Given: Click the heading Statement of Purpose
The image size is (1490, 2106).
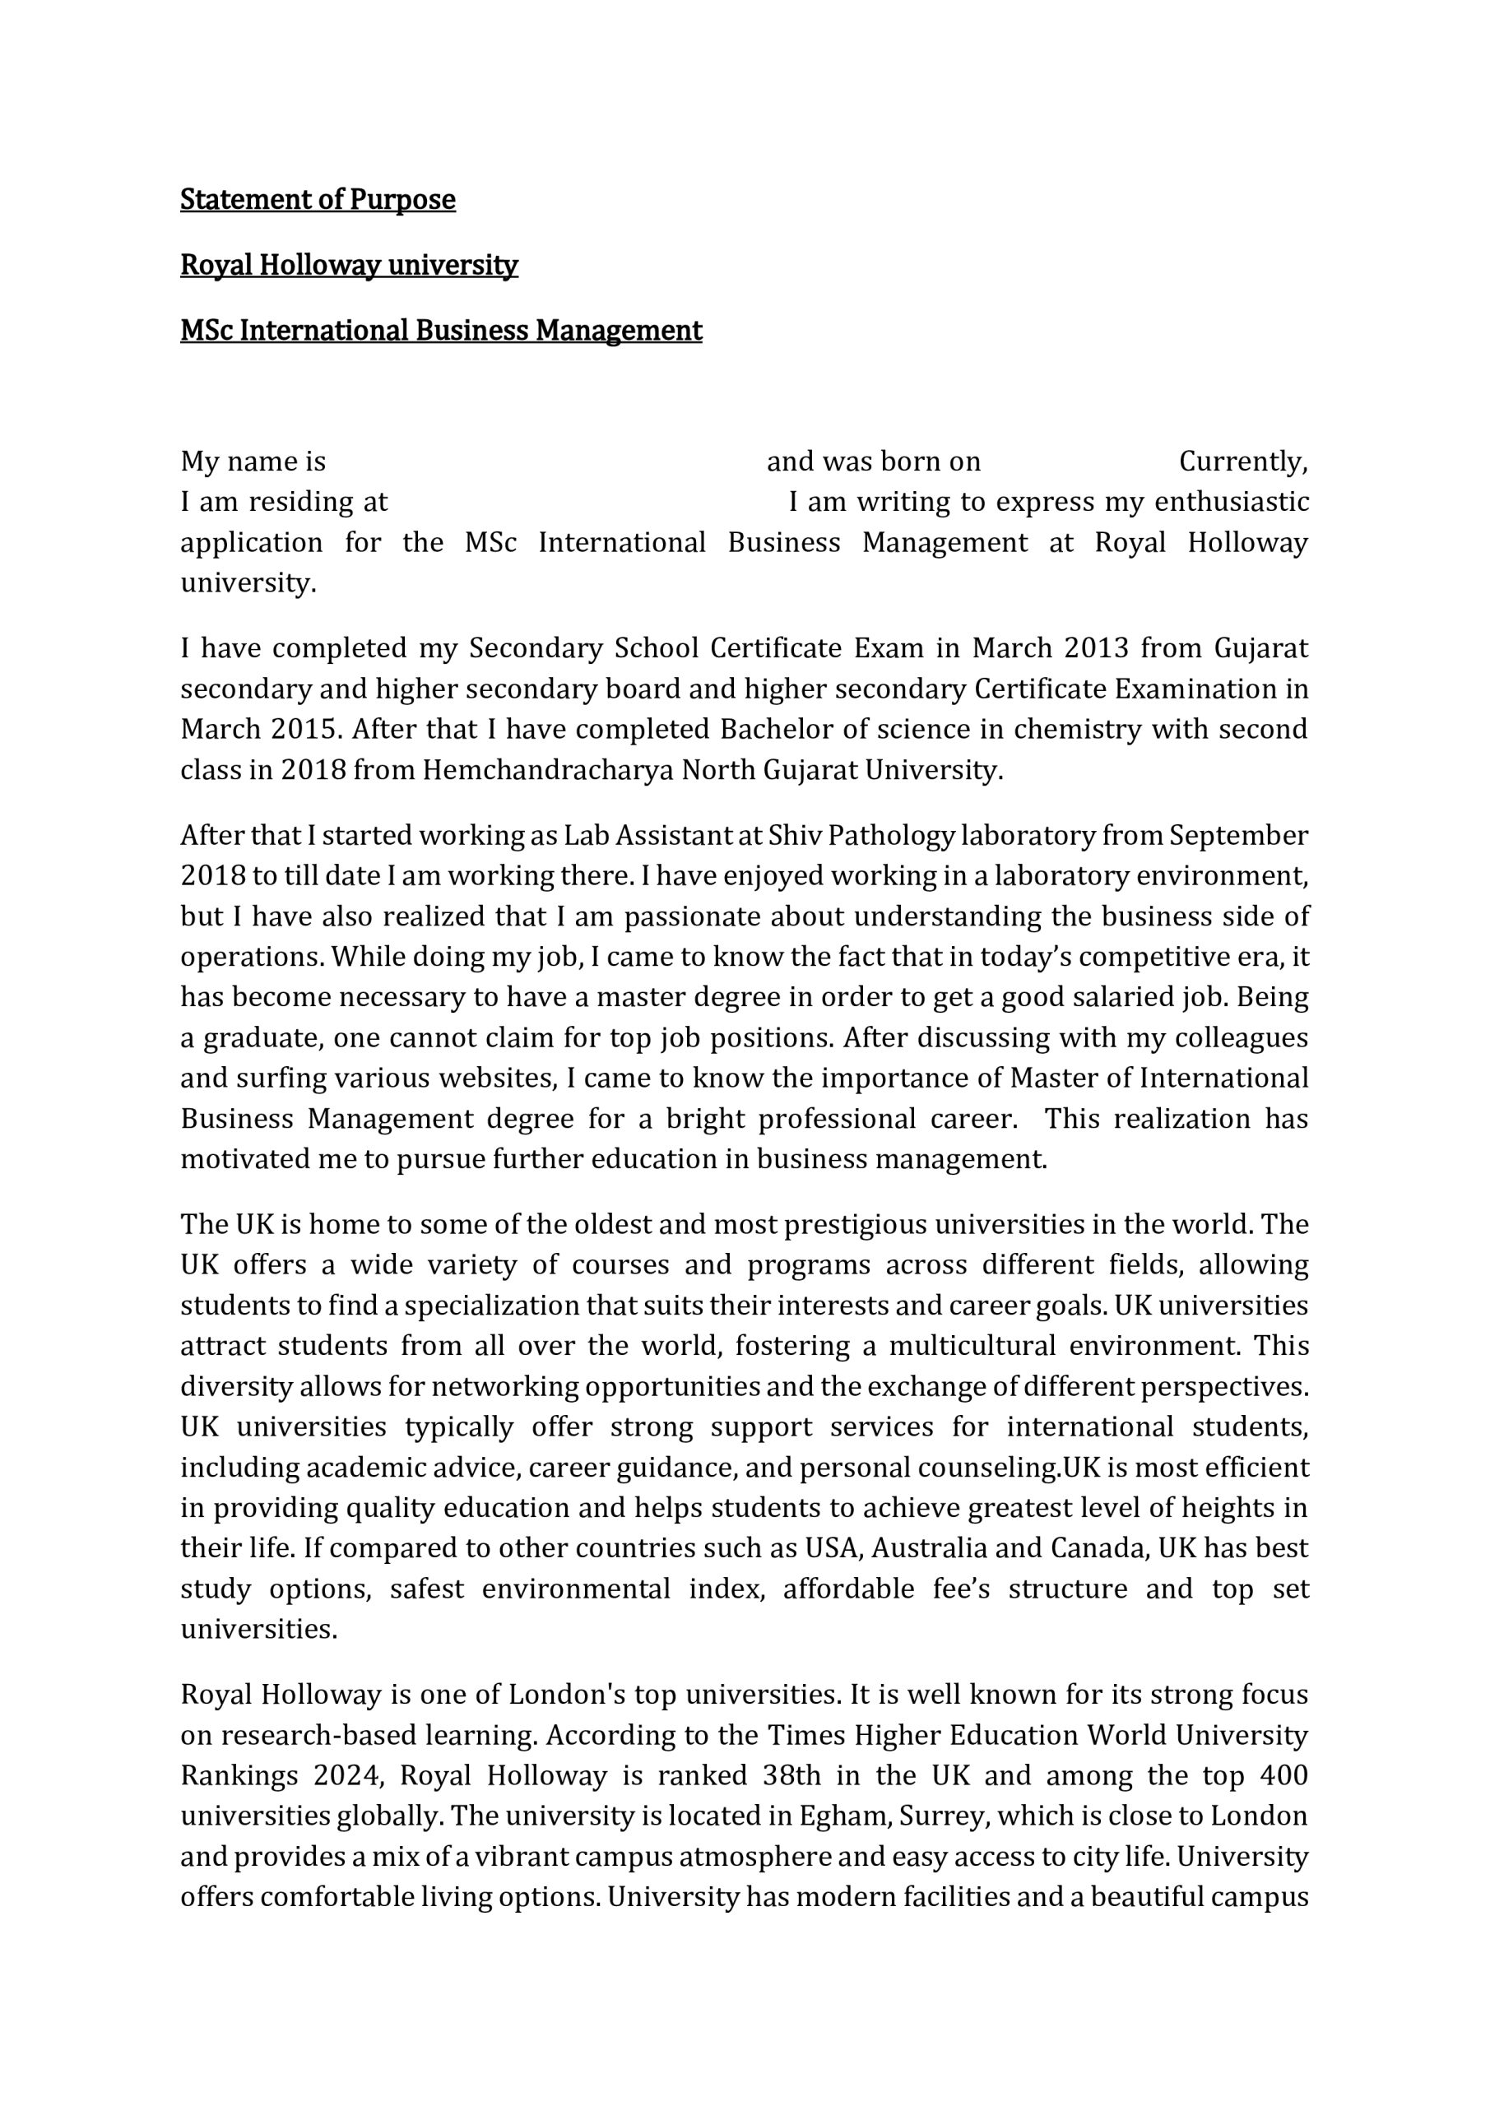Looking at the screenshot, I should [318, 199].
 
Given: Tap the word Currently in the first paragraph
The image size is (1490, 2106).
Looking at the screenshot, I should [1242, 461].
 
